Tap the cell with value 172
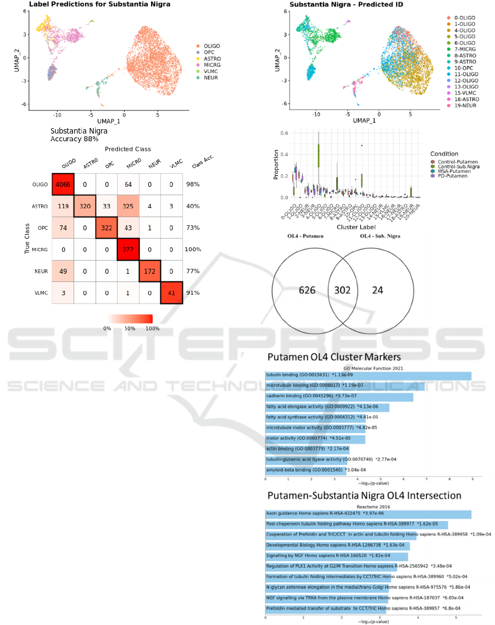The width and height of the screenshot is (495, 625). [x=150, y=271]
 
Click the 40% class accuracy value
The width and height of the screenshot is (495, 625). [x=193, y=207]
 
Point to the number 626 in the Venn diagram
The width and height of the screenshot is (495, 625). [x=307, y=290]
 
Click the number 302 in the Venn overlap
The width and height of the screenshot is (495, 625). [x=343, y=290]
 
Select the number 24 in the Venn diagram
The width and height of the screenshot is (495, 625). [x=378, y=290]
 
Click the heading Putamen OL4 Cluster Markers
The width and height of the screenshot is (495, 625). [x=334, y=357]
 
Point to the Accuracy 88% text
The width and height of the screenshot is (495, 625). [x=74, y=140]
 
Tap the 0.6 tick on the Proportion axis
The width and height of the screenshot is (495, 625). [x=283, y=133]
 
